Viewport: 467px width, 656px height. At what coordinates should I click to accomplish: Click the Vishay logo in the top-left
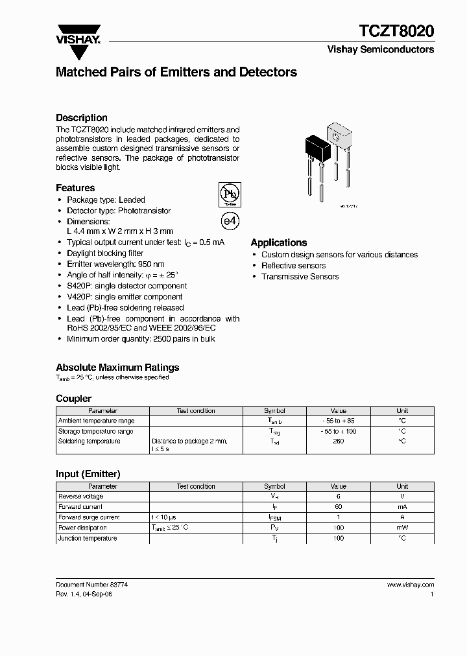78,34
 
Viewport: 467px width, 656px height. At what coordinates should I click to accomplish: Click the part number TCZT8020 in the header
397,31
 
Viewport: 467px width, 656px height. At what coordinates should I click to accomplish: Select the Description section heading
81,117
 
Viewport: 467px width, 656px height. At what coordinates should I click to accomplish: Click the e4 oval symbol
230,220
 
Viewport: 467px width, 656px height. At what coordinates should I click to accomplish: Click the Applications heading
278,242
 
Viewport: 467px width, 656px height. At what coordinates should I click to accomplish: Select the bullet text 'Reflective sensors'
293,266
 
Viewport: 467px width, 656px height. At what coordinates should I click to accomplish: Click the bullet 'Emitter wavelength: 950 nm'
115,264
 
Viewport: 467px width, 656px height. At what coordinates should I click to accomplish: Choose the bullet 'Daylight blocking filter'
105,253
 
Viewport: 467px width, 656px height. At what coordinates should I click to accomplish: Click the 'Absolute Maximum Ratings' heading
117,367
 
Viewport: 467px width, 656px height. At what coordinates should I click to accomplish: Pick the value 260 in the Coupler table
338,441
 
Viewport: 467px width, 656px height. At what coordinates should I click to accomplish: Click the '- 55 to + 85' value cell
338,421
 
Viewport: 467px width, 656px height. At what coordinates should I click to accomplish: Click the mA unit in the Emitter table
402,507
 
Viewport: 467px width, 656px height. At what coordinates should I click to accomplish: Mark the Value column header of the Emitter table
338,486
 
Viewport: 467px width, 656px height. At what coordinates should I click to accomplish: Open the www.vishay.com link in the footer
410,585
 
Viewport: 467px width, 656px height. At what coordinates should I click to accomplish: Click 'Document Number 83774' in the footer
92,585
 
